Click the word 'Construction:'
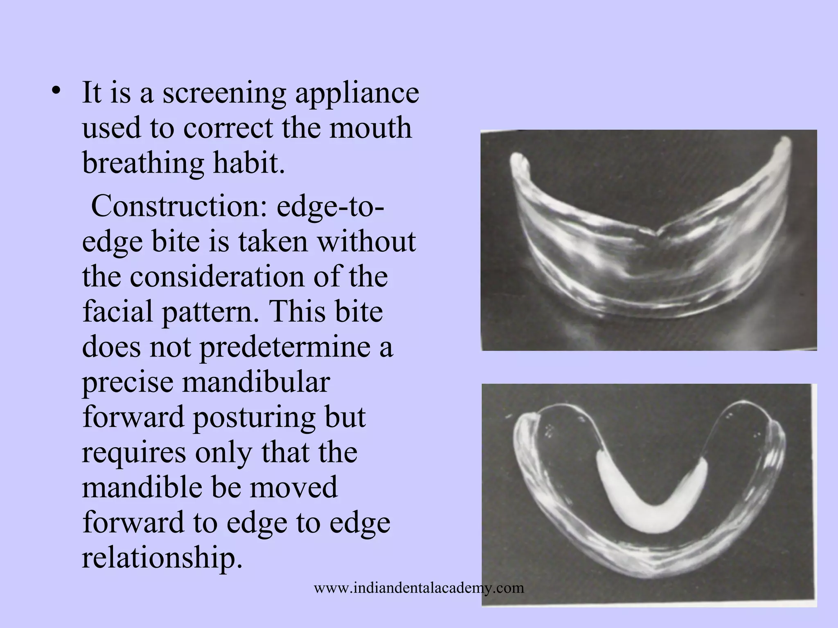coord(179,206)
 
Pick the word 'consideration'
coord(217,276)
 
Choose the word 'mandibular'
coord(256,382)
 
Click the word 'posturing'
coord(253,418)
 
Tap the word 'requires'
coord(133,453)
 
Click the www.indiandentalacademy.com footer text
coord(419,588)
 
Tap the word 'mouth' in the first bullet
coord(370,128)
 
